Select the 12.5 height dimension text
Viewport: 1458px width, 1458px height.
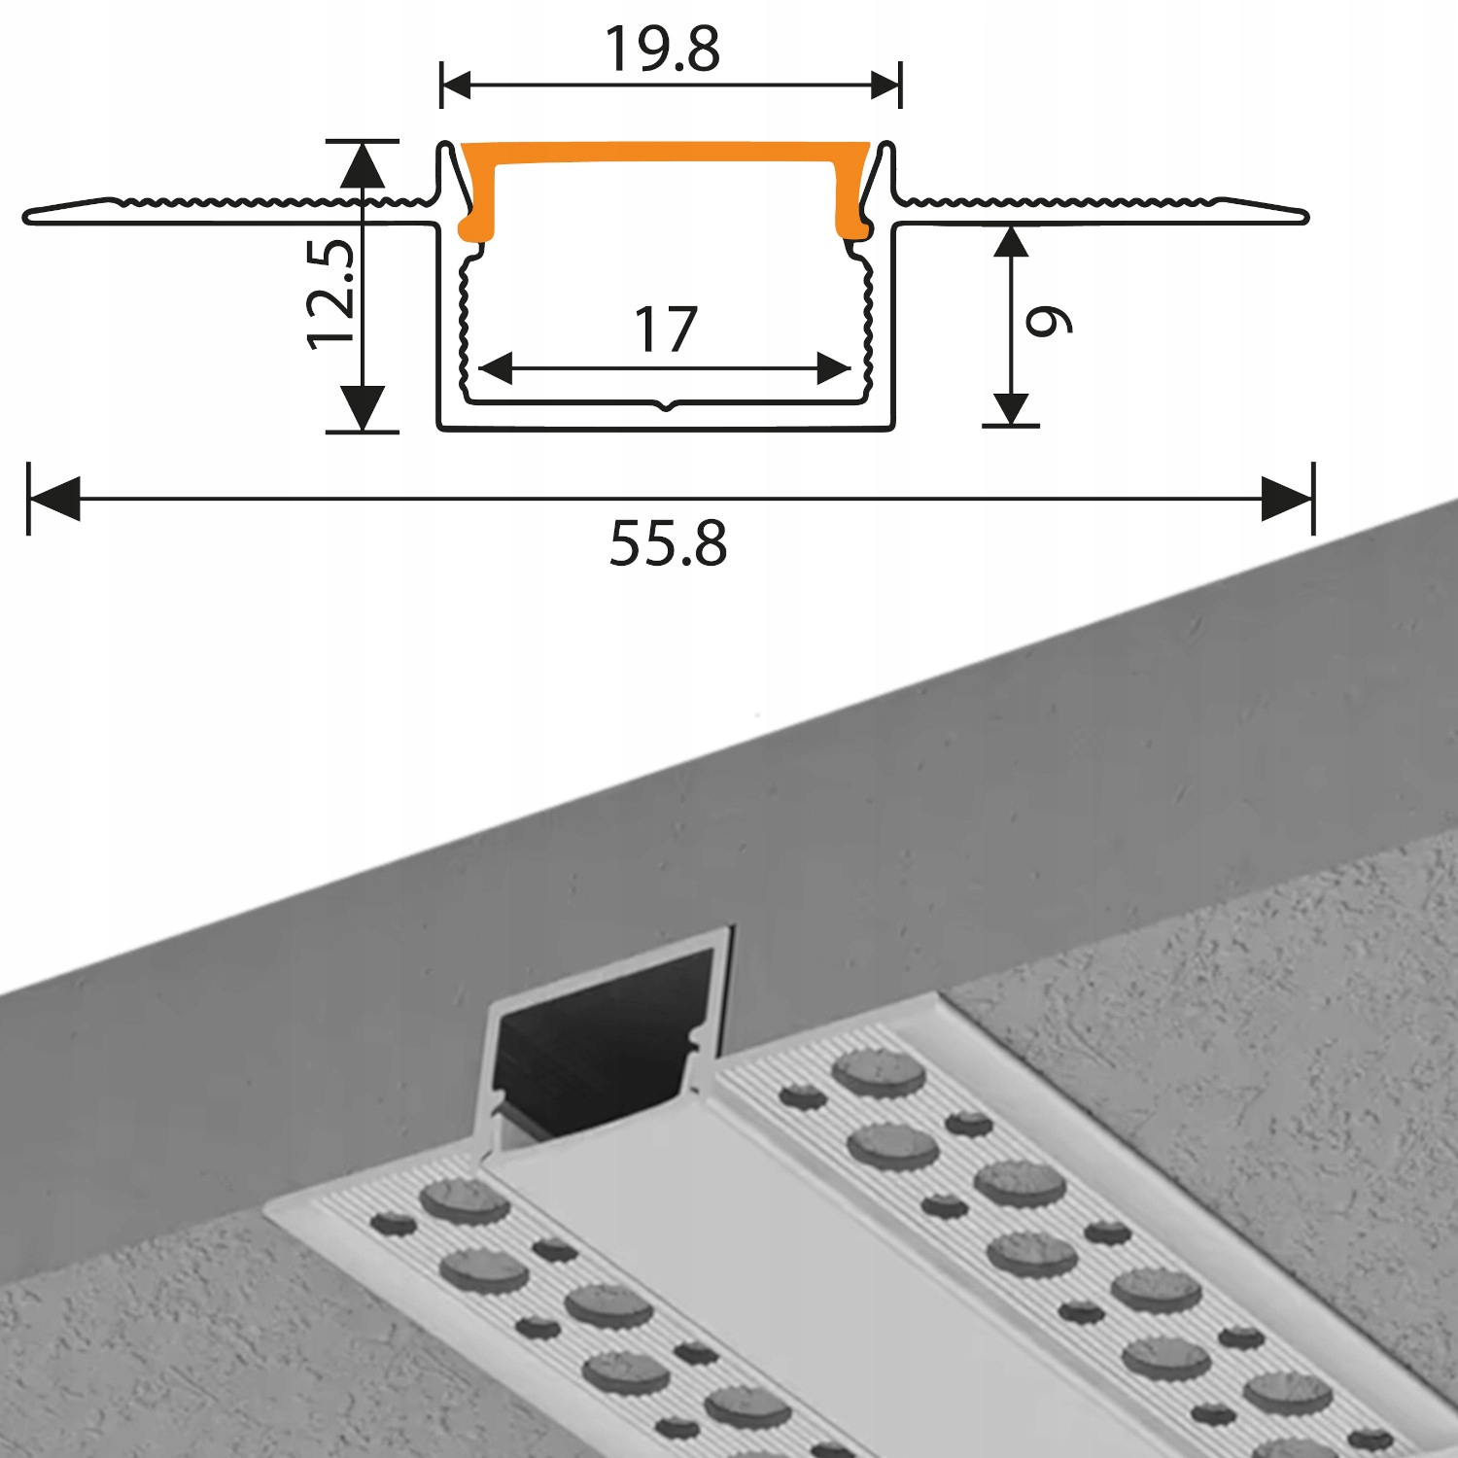coord(330,294)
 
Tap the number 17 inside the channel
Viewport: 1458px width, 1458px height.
coord(666,330)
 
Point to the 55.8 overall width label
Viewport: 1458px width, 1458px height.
coord(668,543)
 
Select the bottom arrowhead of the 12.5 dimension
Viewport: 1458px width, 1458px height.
coord(363,408)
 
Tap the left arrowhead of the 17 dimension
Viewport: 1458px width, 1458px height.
coord(496,369)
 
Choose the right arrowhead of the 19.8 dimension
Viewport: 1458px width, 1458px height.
coord(885,85)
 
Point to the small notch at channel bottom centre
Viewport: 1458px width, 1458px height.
coord(666,406)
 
